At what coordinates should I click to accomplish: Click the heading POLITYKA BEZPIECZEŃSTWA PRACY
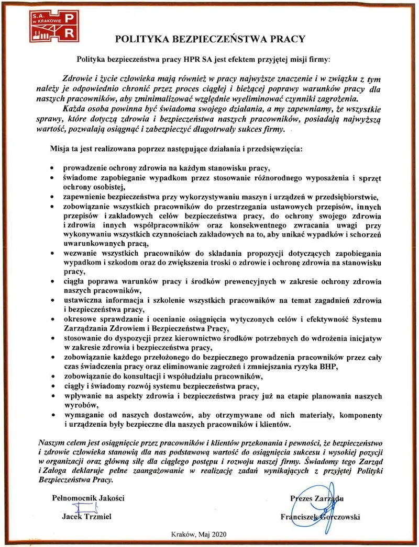coord(210,39)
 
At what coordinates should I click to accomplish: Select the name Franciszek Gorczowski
coord(320,517)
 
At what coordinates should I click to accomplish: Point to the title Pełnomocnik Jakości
coord(89,498)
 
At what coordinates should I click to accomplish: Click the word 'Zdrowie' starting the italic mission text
coord(76,79)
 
